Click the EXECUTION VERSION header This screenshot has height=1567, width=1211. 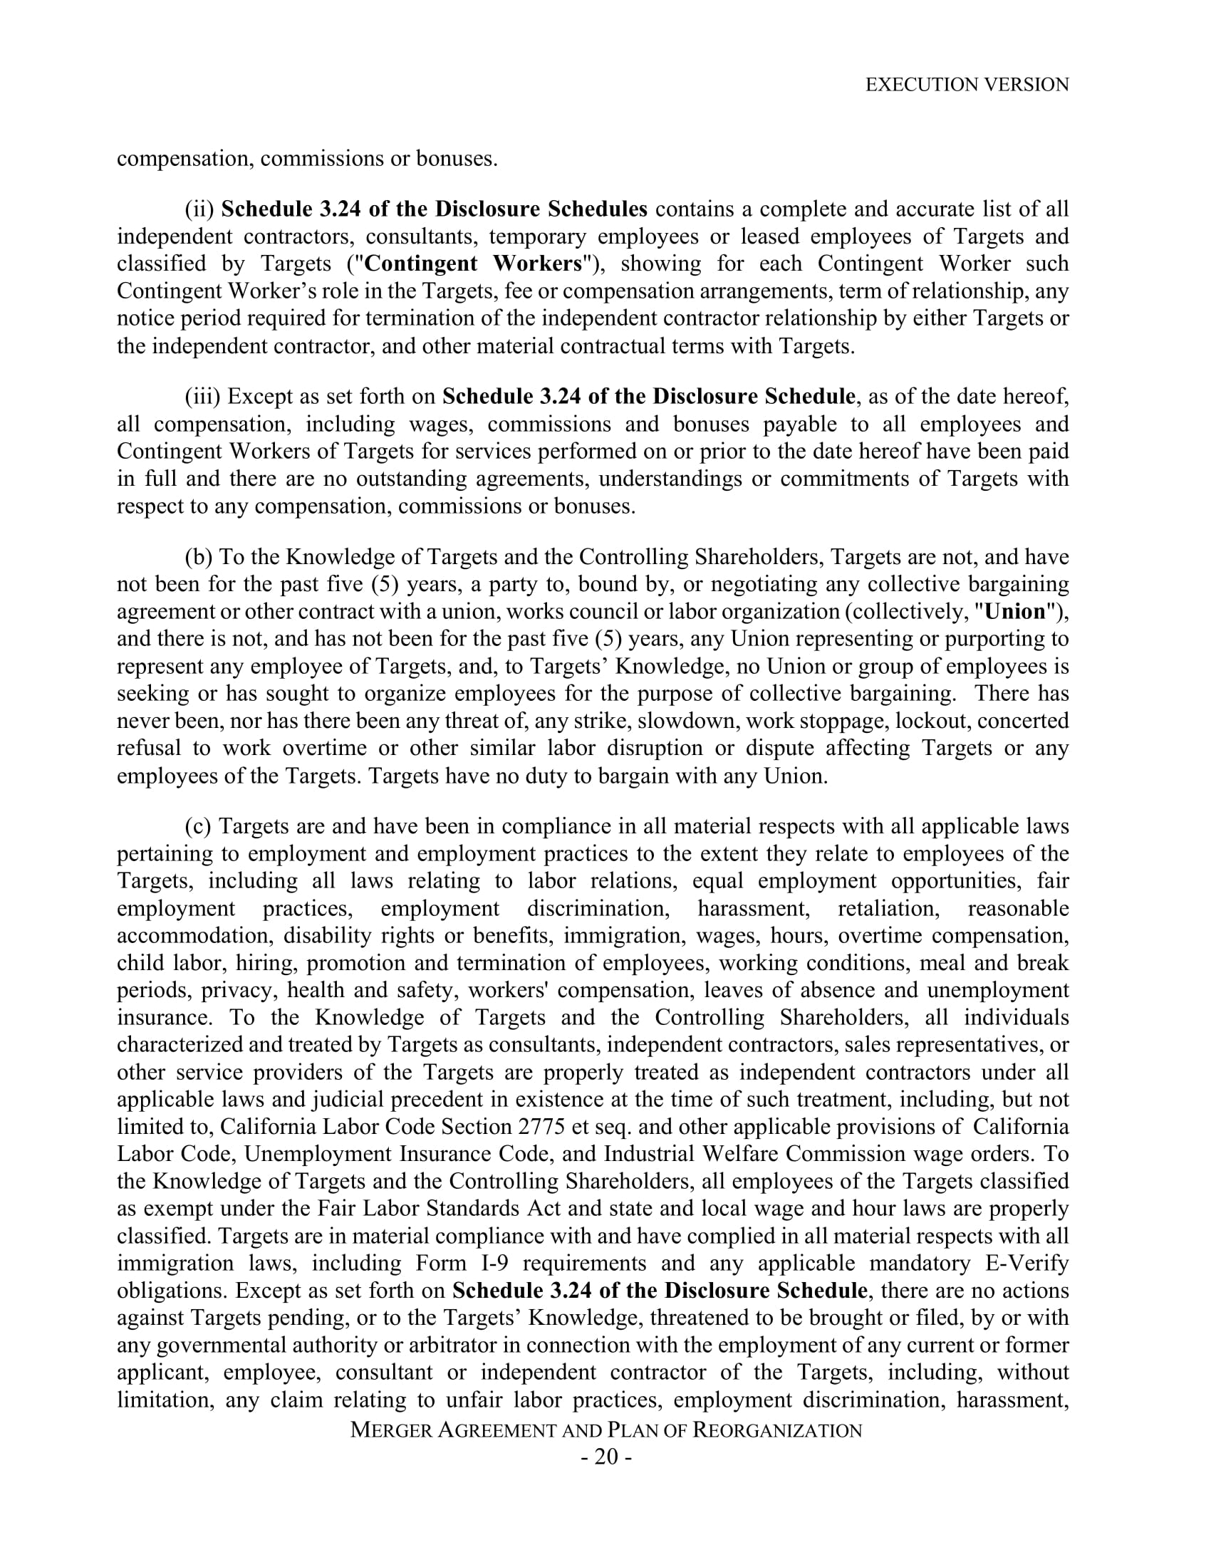967,85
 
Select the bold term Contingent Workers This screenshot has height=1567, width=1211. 473,264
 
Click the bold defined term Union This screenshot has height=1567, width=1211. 1015,611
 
